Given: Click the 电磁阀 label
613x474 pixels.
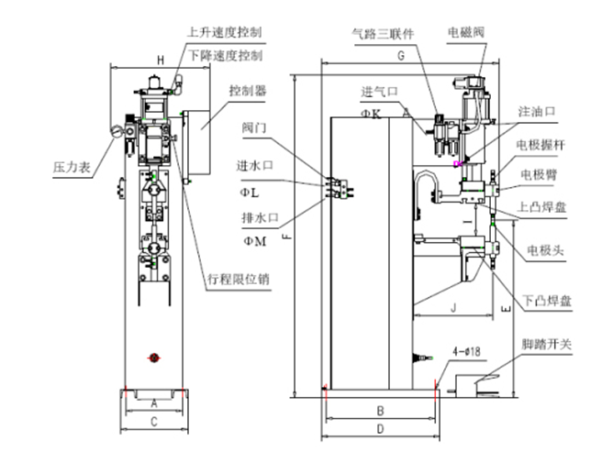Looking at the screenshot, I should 465,32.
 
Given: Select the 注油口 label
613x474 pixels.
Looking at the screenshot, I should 537,112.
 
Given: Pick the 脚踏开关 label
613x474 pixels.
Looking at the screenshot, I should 547,345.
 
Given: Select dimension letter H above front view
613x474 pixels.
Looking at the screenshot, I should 160,60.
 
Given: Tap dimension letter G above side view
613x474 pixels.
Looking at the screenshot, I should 400,57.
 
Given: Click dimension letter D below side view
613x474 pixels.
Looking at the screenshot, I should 378,429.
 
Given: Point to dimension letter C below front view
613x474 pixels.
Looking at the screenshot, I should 153,422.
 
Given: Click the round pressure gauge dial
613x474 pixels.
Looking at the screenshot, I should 117,132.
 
